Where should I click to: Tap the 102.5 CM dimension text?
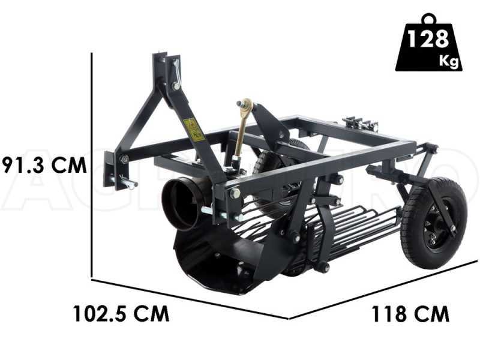pyautogui.click(x=121, y=313)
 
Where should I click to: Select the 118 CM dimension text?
pyautogui.click(x=410, y=313)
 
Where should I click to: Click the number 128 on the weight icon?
pyautogui.click(x=428, y=40)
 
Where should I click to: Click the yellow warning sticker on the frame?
pyautogui.click(x=193, y=129)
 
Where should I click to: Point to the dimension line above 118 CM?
pyautogui.click(x=384, y=289)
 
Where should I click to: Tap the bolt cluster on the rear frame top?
pyautogui.click(x=360, y=124)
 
